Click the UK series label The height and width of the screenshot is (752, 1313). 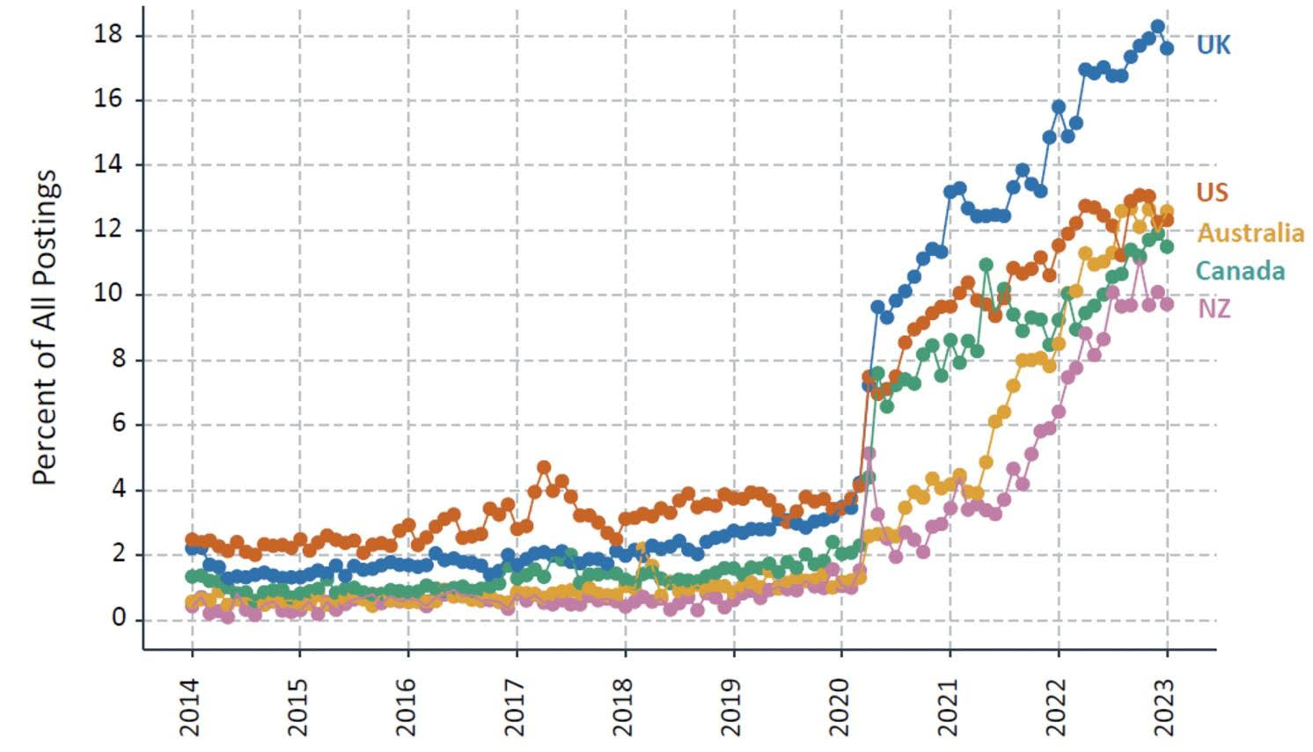1213,45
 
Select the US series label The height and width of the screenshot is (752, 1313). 1212,193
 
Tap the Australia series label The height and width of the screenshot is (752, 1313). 1250,233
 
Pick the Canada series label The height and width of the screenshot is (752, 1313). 1240,271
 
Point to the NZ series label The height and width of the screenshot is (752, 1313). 1214,309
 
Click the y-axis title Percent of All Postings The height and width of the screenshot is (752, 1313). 45,327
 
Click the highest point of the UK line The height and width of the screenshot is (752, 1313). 1158,26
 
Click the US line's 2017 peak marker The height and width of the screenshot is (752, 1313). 544,467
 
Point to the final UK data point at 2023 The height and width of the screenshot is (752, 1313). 1167,49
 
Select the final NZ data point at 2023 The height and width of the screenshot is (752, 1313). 1167,304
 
